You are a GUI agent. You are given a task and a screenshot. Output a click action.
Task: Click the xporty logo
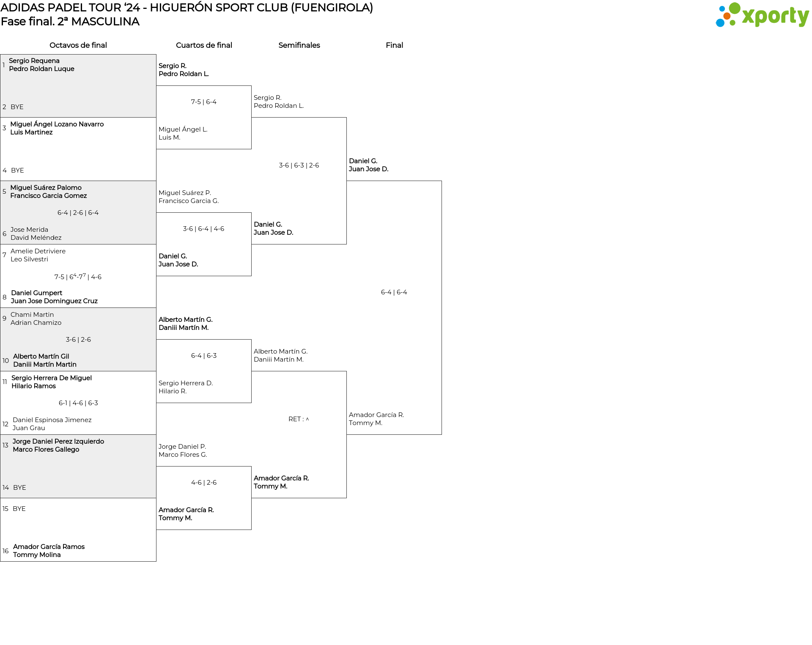point(762,15)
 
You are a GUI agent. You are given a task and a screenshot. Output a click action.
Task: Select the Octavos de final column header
point(78,45)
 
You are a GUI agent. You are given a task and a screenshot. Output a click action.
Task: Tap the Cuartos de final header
point(204,45)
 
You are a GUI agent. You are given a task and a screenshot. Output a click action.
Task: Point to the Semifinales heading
point(299,45)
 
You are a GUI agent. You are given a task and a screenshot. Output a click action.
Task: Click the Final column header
point(394,45)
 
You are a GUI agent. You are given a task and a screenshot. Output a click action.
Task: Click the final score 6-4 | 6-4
point(394,292)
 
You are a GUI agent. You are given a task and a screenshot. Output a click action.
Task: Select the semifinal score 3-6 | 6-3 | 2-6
point(299,165)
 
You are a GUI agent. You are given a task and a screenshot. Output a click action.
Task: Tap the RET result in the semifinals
point(299,419)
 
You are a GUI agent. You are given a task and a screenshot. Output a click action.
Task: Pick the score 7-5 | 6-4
point(204,102)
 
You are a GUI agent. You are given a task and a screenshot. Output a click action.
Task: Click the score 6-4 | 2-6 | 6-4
point(78,213)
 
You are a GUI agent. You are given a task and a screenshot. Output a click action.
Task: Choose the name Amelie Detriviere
point(38,251)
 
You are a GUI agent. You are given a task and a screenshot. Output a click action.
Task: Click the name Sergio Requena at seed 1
point(34,61)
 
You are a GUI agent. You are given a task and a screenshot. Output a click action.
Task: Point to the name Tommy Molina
point(37,555)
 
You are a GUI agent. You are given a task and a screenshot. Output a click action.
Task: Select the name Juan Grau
point(29,428)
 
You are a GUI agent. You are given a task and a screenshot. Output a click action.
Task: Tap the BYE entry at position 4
point(17,170)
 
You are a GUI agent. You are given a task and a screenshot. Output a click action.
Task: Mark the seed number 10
point(5,361)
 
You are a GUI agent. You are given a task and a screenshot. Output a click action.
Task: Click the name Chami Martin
point(32,315)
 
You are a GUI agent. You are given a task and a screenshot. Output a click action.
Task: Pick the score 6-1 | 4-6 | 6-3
point(78,403)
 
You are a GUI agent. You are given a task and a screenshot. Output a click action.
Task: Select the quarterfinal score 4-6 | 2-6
point(204,483)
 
